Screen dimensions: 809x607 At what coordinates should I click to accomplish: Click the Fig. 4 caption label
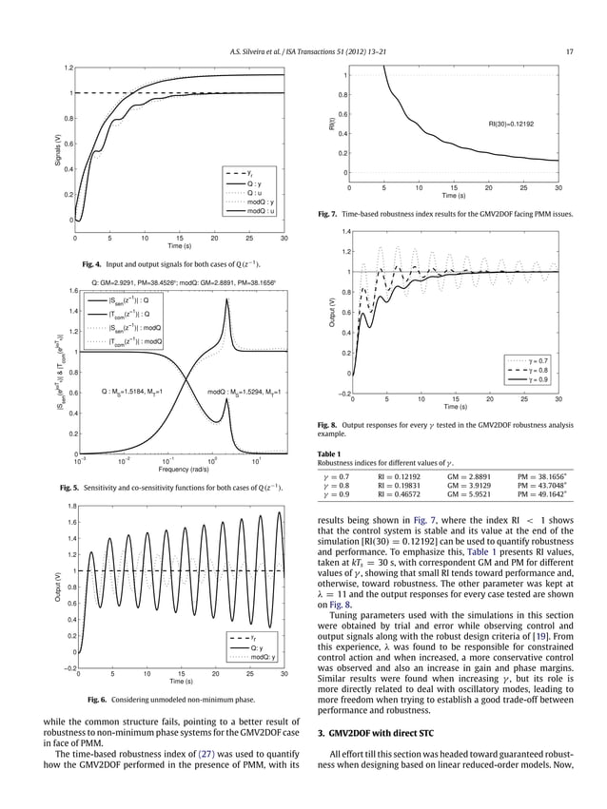[93, 262]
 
